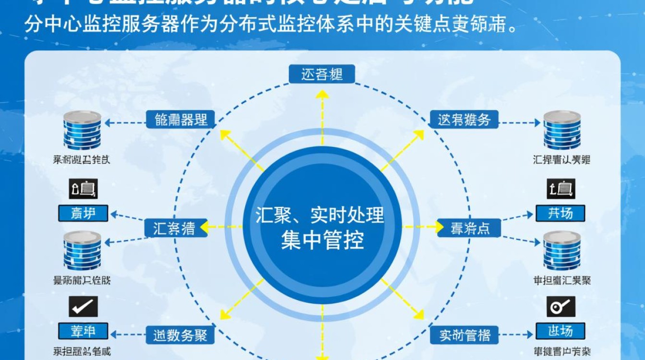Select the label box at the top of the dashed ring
[322, 74]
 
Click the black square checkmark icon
[83, 306]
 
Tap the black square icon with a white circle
[561, 306]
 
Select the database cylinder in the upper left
[83, 130]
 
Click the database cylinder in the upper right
[562, 130]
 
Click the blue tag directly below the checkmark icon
[83, 331]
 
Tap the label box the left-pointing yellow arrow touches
[175, 228]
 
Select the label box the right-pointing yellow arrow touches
[469, 228]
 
